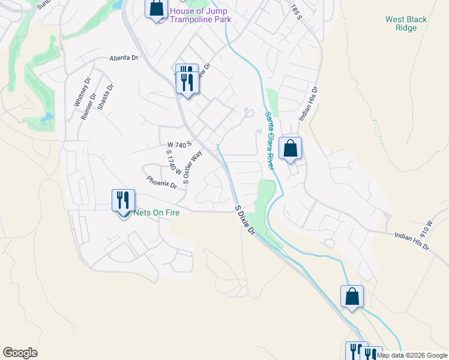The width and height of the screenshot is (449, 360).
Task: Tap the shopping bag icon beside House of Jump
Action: pyautogui.click(x=156, y=9)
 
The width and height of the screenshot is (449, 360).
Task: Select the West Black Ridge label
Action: pyautogui.click(x=406, y=23)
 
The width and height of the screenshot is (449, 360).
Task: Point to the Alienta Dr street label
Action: pyautogui.click(x=124, y=58)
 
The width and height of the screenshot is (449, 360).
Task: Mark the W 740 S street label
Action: pyautogui.click(x=179, y=145)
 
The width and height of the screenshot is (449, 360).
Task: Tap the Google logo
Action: pyautogui.click(x=20, y=353)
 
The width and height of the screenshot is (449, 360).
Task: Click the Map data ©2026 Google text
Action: pyautogui.click(x=412, y=355)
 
